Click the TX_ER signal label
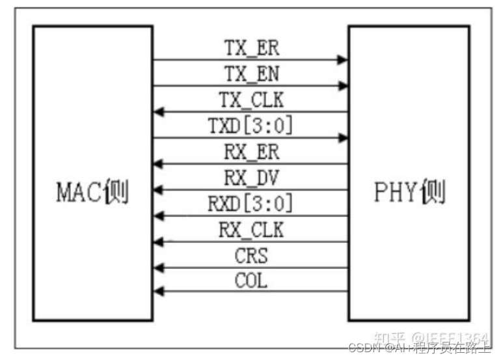click(x=251, y=48)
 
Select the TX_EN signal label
click(x=251, y=74)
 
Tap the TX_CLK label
click(x=251, y=100)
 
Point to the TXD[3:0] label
click(x=251, y=126)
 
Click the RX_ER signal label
click(x=251, y=152)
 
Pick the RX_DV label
click(x=251, y=178)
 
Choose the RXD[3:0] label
click(x=251, y=204)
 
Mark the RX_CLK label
click(x=251, y=230)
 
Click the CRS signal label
click(x=251, y=256)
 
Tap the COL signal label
click(x=251, y=281)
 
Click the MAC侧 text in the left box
click(x=92, y=193)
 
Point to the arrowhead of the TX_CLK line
click(x=158, y=112)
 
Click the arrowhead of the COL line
click(x=158, y=293)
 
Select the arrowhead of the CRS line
click(x=158, y=268)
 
